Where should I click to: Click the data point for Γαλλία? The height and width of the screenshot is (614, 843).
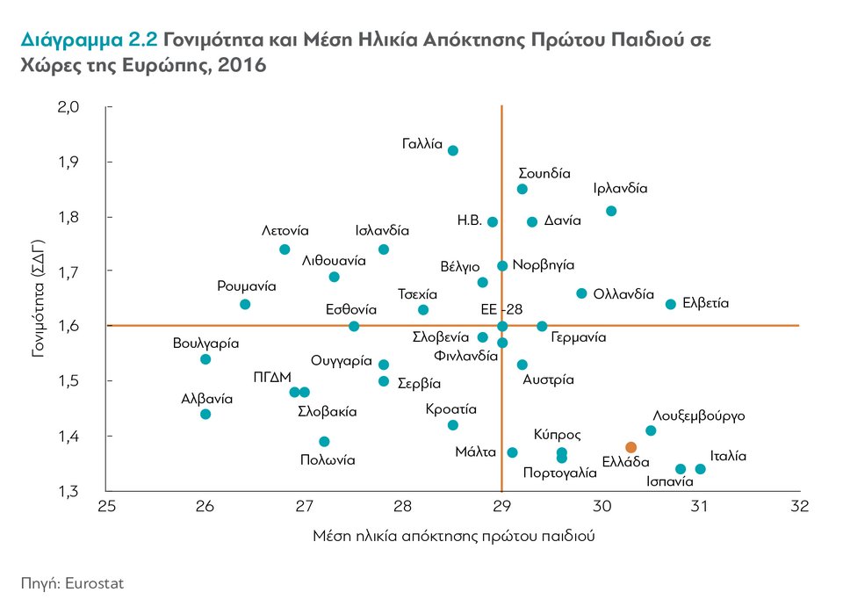453,150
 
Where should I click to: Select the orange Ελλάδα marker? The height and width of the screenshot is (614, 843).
630,447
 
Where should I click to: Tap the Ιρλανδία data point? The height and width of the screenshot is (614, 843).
611,211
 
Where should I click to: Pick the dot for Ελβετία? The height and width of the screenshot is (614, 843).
671,304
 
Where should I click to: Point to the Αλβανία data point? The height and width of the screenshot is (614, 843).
205,414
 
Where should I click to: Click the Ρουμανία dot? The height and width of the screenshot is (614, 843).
245,304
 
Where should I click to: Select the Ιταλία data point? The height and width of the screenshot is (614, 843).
700,469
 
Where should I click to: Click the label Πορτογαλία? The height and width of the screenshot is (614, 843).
559,473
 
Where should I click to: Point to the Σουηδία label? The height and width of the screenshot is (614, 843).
544,173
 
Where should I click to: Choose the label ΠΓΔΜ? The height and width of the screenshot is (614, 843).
272,377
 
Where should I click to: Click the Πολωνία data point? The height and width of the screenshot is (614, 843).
324,441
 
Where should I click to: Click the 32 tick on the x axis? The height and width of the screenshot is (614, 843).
799,507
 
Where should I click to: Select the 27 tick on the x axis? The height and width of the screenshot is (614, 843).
304,507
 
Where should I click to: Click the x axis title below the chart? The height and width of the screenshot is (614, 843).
454,536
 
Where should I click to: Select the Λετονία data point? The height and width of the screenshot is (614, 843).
285,249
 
